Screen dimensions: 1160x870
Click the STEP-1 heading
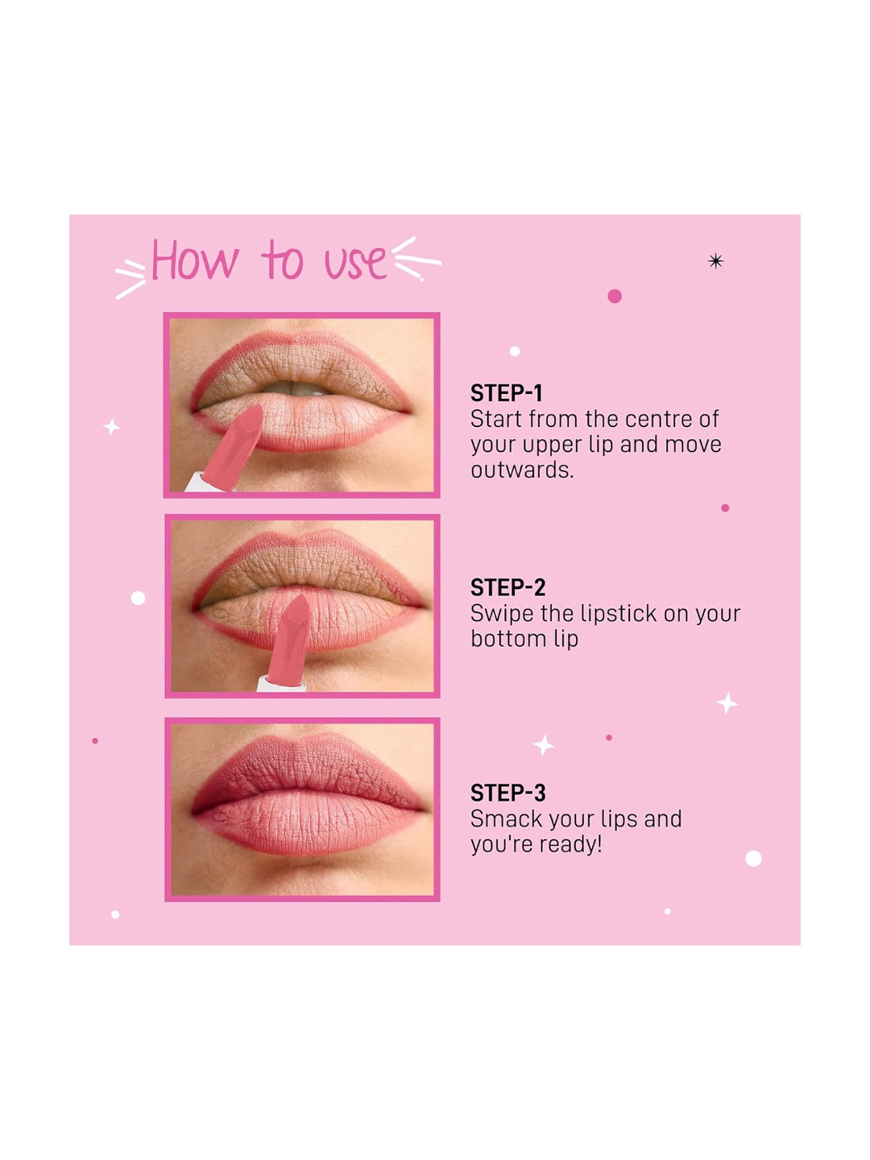(506, 393)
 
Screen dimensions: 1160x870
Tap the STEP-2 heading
(507, 588)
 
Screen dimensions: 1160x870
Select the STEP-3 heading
(507, 793)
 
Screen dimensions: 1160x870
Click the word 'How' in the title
(194, 262)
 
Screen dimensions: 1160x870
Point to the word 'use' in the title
(355, 262)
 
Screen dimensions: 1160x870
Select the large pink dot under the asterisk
(614, 296)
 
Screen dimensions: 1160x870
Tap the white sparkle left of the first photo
(111, 427)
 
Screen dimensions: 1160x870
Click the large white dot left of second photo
(138, 598)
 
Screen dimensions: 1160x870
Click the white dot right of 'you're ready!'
(753, 858)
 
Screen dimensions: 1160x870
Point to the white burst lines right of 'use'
(416, 259)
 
